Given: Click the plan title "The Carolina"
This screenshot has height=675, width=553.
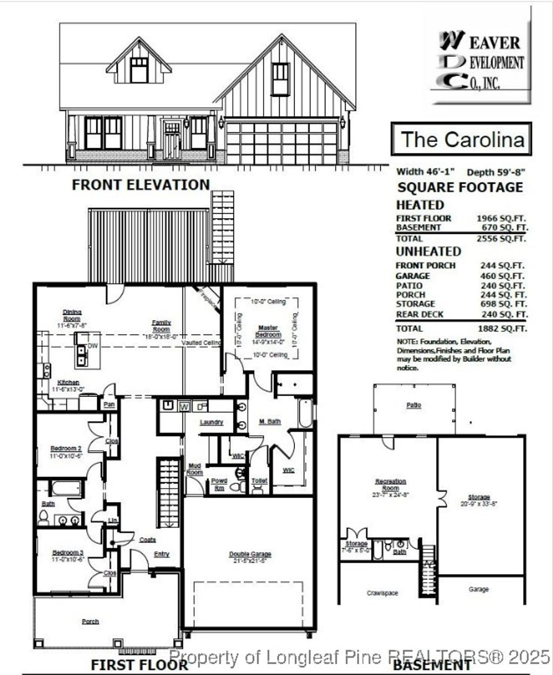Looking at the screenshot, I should point(462,139).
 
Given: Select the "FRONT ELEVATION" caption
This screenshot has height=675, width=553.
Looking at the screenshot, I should point(141,185).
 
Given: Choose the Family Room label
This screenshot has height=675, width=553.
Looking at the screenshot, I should point(161,326).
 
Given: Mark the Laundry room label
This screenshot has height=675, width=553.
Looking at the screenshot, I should point(211,422).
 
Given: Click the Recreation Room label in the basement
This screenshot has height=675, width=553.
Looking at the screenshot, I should point(390,484).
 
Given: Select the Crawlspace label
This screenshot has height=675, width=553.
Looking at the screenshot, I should point(382,593).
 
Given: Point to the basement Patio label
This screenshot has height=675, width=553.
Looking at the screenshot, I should point(414,405).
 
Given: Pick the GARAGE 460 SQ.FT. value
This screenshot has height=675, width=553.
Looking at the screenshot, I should point(503,276).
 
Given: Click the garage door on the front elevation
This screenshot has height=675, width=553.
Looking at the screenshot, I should point(281,143).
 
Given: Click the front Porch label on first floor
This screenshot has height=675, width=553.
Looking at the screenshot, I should point(90,622).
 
